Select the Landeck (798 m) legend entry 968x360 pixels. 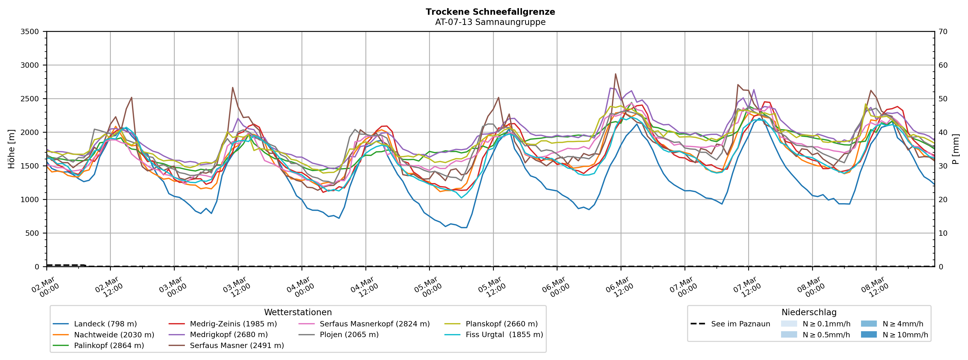(x=105, y=324)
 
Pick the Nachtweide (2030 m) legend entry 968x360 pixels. (x=114, y=335)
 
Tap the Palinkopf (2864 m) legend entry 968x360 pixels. (x=109, y=346)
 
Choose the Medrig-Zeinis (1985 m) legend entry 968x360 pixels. (x=233, y=324)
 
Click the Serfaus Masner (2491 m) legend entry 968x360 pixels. (x=237, y=346)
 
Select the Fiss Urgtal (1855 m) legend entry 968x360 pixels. (x=504, y=335)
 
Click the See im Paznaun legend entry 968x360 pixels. (x=740, y=324)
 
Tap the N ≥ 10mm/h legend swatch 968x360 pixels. (x=868, y=335)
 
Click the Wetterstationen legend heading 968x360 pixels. (x=298, y=312)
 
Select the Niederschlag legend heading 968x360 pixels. (x=809, y=312)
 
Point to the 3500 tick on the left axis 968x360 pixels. (x=30, y=32)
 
